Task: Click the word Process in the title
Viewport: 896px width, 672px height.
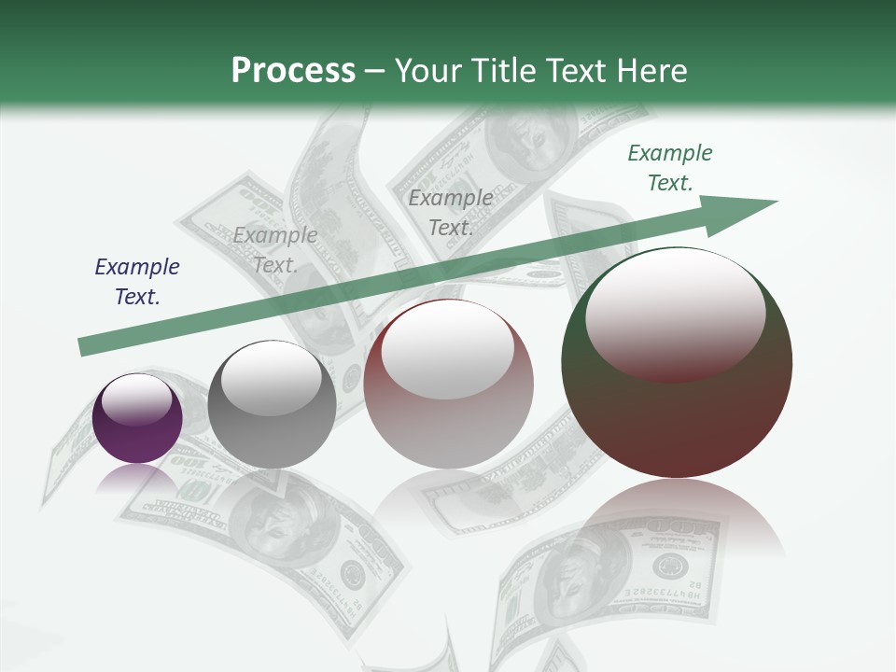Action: click(293, 71)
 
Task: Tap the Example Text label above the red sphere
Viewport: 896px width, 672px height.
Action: click(451, 212)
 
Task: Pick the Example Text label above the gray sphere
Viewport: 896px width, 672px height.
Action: click(275, 250)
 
